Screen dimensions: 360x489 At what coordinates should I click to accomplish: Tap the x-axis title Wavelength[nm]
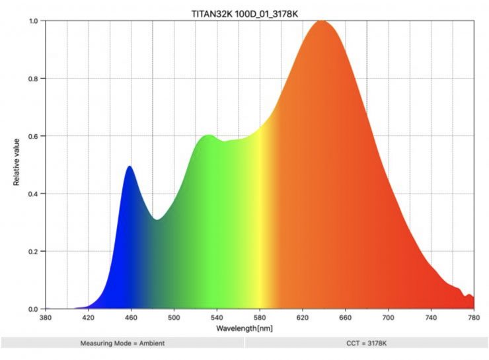tap(244, 328)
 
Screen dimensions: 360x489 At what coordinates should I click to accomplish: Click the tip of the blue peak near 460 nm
tap(130, 167)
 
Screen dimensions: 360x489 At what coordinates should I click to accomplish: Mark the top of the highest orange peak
tap(322, 22)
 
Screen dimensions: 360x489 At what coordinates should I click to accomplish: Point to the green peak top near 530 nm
tap(209, 136)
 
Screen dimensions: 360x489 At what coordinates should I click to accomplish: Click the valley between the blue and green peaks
tap(156, 219)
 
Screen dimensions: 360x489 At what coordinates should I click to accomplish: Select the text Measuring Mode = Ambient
tap(122, 343)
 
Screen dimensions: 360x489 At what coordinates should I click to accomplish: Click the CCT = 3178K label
tap(366, 343)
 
